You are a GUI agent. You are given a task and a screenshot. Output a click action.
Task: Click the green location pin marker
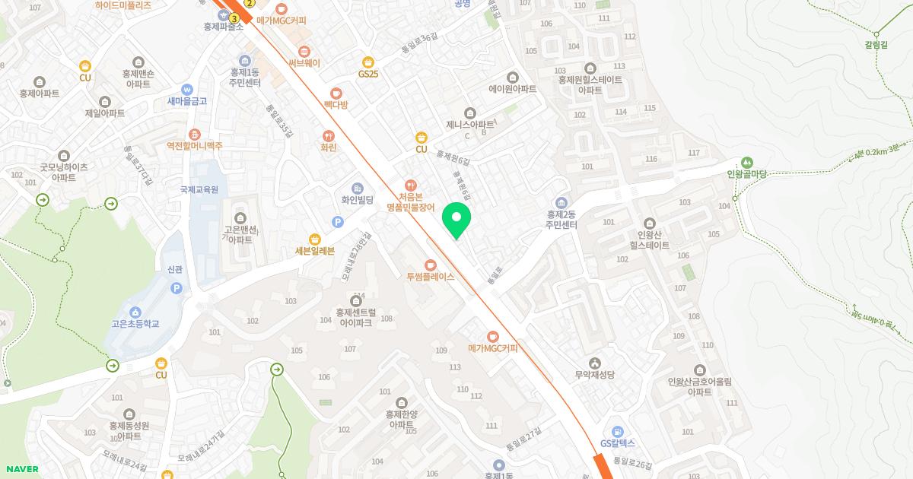coord(456,219)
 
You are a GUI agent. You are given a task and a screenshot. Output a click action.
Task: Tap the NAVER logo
coord(21,469)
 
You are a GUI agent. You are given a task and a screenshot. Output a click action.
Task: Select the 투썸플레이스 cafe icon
coord(430,264)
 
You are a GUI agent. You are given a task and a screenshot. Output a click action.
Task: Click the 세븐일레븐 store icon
coord(314,239)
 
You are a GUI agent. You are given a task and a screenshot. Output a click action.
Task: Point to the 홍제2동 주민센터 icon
coord(561,202)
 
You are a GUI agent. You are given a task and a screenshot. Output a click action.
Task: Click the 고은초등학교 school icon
coord(135,312)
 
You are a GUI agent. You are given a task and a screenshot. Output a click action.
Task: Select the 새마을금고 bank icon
coord(187,89)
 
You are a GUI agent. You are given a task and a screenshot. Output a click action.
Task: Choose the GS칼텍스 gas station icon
coord(617,431)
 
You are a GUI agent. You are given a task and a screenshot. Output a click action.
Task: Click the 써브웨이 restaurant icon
coord(304,51)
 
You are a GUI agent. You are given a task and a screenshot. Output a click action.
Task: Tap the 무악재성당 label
coord(594,374)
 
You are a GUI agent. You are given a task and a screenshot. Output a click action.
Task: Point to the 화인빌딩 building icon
coord(357,188)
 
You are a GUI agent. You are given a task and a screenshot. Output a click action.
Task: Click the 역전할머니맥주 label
coord(195,145)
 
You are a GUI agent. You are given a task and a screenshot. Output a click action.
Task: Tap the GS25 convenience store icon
coord(368,62)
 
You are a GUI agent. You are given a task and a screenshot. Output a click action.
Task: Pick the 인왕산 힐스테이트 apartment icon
coord(649,224)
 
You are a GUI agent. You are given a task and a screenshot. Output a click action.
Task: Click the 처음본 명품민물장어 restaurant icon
coord(411,185)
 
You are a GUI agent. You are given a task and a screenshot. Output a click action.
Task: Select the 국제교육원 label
coord(199,189)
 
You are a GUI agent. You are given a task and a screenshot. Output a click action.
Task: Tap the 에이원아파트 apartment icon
coord(512,77)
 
